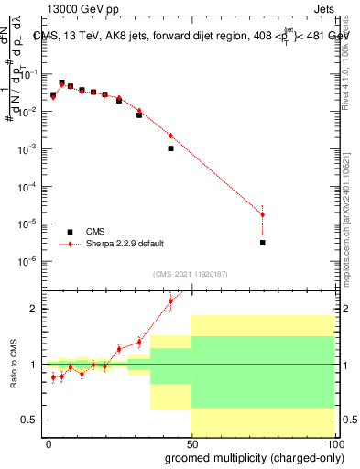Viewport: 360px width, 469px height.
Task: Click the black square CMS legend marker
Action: tap(70, 232)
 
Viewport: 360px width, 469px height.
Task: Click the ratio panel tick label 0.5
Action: tap(29, 420)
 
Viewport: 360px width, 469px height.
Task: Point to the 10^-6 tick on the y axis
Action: tap(28, 262)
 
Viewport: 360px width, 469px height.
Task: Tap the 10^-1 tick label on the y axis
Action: tap(28, 73)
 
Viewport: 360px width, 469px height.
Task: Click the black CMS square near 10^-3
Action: tap(170, 147)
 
